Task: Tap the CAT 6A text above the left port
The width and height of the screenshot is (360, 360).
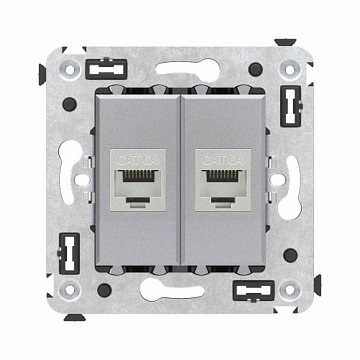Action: pyautogui.click(x=136, y=161)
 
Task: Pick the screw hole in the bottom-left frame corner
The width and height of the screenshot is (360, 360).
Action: pyautogui.click(x=70, y=290)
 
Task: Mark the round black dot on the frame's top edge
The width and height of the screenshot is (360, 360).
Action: pyautogui.click(x=254, y=70)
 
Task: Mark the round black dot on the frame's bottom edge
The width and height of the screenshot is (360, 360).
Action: pyautogui.click(x=106, y=291)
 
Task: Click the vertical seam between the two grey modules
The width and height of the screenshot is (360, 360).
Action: pyautogui.click(x=179, y=180)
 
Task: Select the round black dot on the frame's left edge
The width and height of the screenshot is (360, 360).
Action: pyautogui.click(x=70, y=106)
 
